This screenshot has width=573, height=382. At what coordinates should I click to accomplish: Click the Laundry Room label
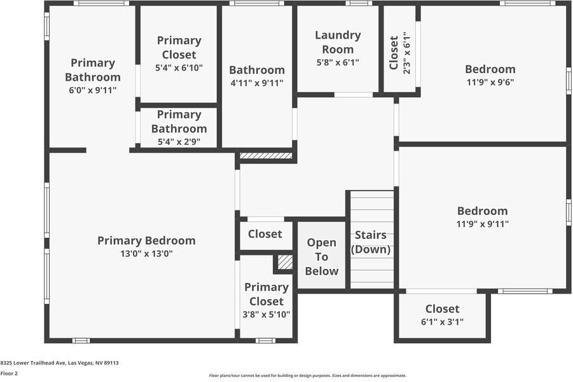[x=338, y=42]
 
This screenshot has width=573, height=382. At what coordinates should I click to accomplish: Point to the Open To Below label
[x=322, y=257]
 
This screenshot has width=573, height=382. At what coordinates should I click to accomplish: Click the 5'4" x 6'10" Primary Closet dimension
[x=179, y=68]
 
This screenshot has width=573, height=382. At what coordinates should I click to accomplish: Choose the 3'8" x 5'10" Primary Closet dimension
[x=266, y=314]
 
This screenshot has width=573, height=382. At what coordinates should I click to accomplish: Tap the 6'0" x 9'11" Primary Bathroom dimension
[x=93, y=91]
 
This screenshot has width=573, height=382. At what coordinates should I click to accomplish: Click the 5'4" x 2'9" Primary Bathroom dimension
[x=179, y=142]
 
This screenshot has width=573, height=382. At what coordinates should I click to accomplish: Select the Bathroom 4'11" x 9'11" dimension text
[x=256, y=83]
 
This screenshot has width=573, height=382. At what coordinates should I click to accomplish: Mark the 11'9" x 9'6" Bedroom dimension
[x=490, y=82]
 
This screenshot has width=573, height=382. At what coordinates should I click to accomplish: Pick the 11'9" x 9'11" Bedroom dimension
[x=482, y=224]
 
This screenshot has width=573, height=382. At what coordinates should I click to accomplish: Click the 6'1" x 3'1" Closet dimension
[x=442, y=322]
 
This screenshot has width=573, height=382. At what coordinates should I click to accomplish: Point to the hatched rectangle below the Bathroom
[x=266, y=156]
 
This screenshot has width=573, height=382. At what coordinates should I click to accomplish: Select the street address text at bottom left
[x=60, y=363]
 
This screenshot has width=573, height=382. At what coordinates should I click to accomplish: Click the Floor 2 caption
[x=9, y=373]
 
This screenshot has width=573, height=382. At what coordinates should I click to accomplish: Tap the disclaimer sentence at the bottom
[x=307, y=375]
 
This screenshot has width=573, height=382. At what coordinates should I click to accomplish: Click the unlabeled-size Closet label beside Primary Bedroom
[x=265, y=234]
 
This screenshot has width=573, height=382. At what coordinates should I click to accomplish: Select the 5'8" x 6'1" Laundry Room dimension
[x=338, y=62]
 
